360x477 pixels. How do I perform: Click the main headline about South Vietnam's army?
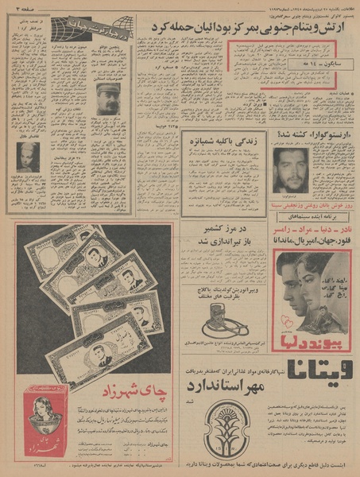249,29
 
